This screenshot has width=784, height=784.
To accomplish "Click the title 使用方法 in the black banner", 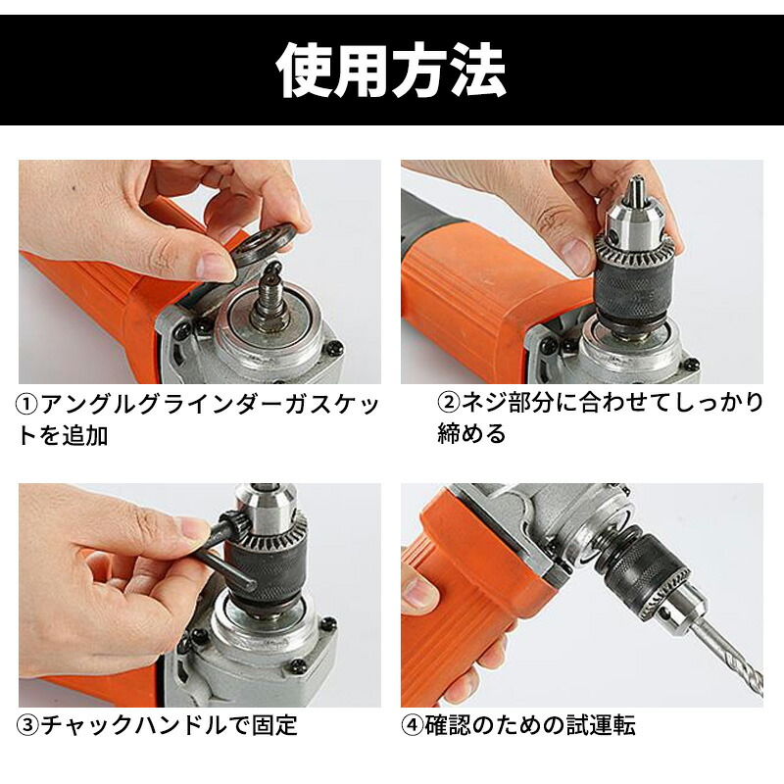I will (391, 71).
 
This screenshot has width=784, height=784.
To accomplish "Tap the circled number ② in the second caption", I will (448, 403).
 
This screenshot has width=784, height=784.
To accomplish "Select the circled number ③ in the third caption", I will (28, 726).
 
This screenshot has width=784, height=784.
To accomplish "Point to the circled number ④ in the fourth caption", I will (412, 726).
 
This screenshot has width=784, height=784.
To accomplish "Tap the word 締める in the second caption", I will (471, 433).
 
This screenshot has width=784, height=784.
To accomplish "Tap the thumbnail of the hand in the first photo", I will (216, 265).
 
